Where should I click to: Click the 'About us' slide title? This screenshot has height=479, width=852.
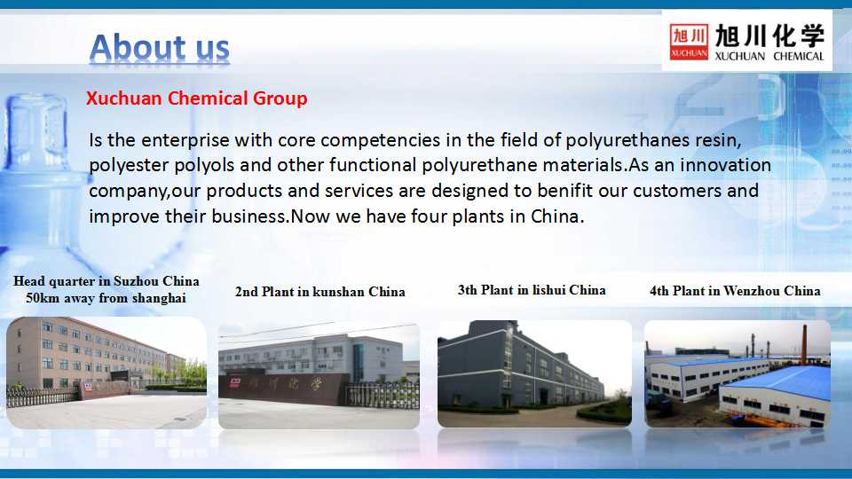pos(159,47)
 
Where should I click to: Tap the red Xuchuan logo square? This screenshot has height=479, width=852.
pos(689,42)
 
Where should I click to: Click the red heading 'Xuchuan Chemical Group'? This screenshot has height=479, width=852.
pos(197,98)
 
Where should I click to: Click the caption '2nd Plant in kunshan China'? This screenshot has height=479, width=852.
pos(320,292)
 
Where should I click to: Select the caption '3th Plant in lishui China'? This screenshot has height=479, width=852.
pos(532,290)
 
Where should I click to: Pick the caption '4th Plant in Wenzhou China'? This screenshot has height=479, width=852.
pos(735,291)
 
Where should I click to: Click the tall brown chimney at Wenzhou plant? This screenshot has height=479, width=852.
pos(804,344)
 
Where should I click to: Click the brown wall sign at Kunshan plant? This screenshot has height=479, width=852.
pos(282,387)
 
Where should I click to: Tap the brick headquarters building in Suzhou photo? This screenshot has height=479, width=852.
pos(82,353)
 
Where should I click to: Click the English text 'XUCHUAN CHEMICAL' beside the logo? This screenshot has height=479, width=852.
pos(769,56)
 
